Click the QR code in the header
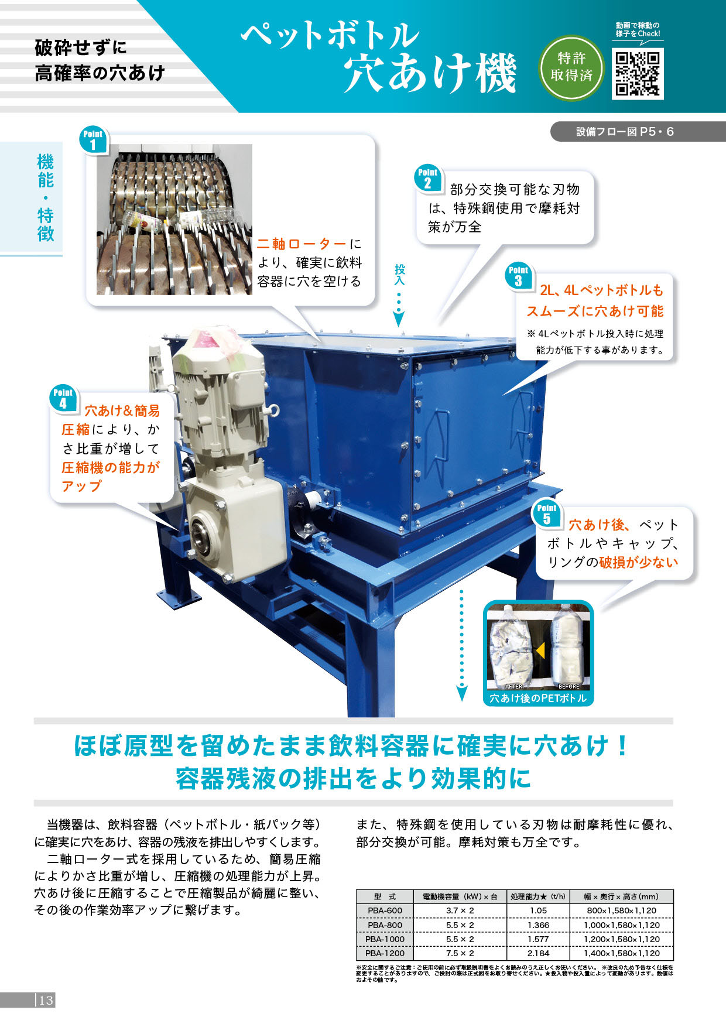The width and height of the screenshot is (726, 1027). coord(638,74)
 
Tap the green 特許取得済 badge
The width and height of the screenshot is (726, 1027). coord(571,67)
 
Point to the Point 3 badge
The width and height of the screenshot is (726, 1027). coord(518,276)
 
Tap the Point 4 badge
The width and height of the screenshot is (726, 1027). coord(63,398)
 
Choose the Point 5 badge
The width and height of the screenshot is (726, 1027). coord(546,513)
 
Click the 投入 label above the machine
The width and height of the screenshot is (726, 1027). coord(399,275)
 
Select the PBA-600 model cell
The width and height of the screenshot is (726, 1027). coord(385,910)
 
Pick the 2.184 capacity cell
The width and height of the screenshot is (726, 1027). coord(538,953)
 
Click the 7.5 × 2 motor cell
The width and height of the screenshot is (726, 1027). coord(460,953)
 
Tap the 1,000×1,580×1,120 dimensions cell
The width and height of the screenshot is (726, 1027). coord(621,925)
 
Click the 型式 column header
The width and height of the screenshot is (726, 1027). coord(385,896)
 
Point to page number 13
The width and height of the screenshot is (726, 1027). coord(46,1000)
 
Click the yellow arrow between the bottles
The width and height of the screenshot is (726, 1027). coord(540,651)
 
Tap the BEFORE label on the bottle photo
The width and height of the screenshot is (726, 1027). coord(569,686)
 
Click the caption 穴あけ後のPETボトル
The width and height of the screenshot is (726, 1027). coord(537,698)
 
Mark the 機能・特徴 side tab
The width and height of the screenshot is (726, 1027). coord(46,197)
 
